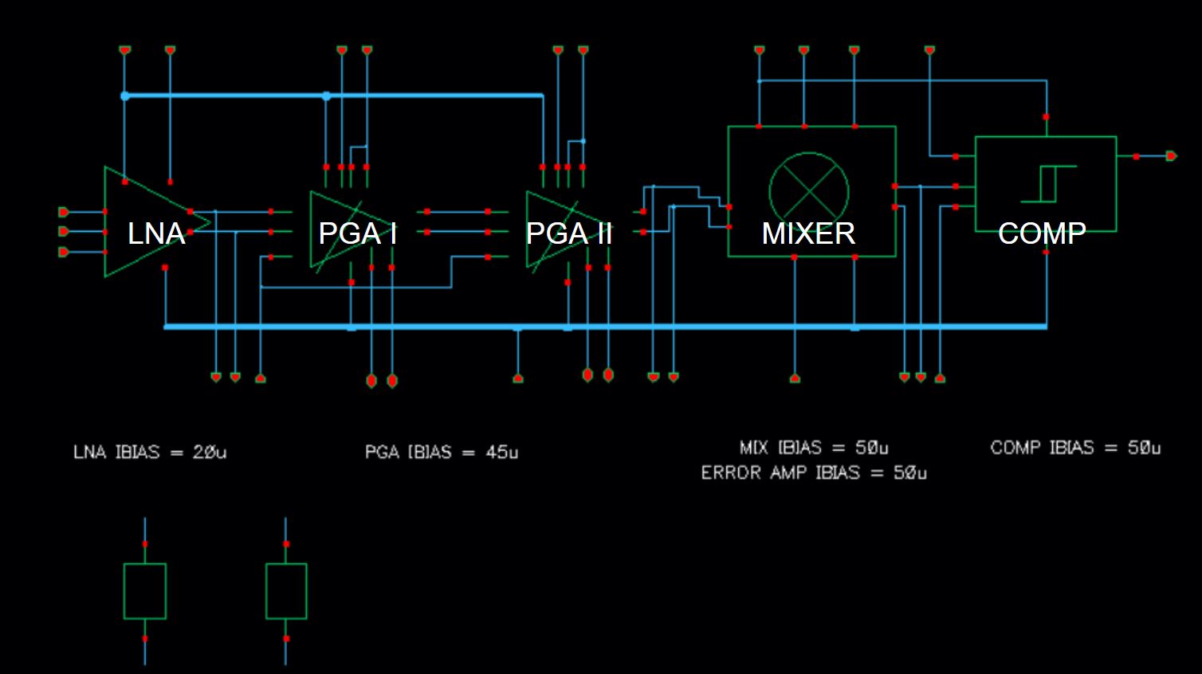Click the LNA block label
(x=156, y=233)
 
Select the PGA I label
(x=357, y=233)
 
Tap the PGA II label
(x=569, y=233)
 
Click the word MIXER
(x=808, y=233)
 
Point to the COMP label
(x=1042, y=233)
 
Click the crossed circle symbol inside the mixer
(x=809, y=191)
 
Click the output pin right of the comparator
(x=1170, y=156)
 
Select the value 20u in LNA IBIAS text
(x=210, y=453)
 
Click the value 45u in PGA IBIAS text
(x=502, y=453)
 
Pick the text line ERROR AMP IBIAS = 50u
(x=814, y=473)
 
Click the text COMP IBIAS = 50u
(x=1075, y=448)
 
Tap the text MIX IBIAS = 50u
(x=814, y=448)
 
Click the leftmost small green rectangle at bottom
(x=145, y=591)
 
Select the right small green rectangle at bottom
(x=286, y=591)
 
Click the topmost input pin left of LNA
(x=64, y=212)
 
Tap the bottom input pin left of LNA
(x=64, y=252)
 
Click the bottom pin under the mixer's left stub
(x=795, y=378)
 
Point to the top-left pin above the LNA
(x=125, y=50)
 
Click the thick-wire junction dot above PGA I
(x=326, y=96)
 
